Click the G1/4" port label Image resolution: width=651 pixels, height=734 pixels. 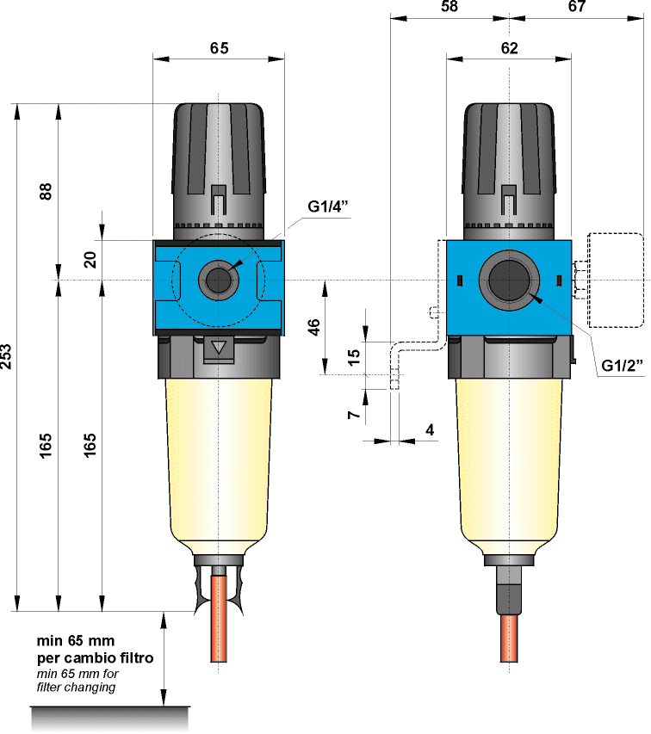coord(327,207)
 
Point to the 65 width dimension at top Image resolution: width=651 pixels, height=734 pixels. coord(219,48)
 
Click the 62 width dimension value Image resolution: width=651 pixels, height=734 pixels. coord(508,48)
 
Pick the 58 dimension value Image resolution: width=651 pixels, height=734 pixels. coord(449,7)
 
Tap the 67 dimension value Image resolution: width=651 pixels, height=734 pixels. coord(577,7)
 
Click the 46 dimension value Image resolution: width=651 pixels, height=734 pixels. coord(313,327)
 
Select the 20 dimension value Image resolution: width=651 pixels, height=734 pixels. coord(90,259)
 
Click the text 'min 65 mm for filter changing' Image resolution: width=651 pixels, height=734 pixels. coord(77,681)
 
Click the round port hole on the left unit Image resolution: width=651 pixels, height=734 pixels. coord(216,279)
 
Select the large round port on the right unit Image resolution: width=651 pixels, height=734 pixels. coord(508,278)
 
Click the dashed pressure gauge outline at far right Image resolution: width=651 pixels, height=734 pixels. coord(615,280)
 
